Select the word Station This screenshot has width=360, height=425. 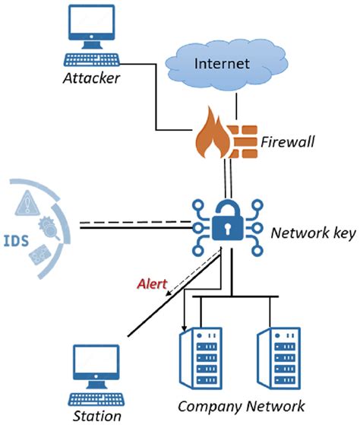(98, 416)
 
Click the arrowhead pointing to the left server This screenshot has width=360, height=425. (184, 327)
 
